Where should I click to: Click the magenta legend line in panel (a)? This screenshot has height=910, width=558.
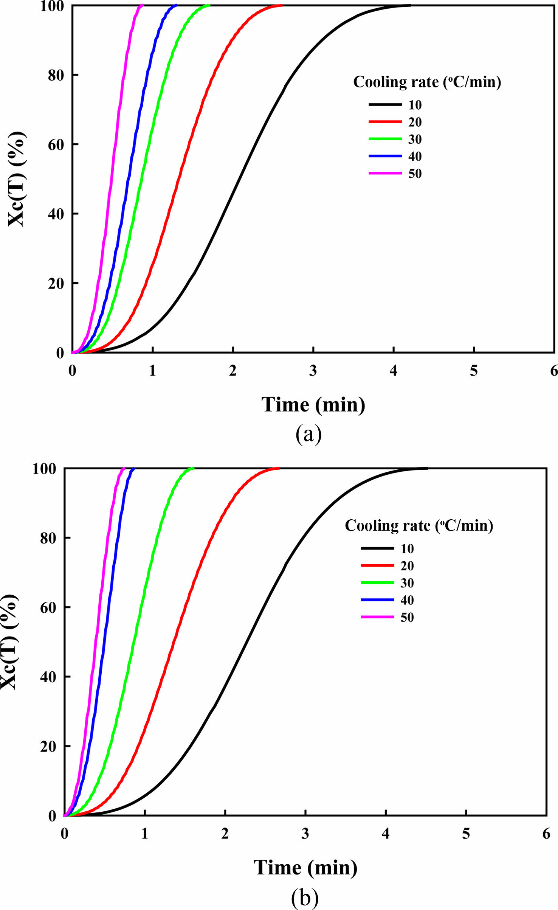(x=385, y=173)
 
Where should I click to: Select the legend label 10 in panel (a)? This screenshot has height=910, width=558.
(x=415, y=105)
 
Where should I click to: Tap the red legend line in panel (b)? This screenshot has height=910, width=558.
(x=377, y=565)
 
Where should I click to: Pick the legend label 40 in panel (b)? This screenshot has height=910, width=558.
(x=407, y=600)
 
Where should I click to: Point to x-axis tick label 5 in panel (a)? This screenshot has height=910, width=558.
(x=474, y=371)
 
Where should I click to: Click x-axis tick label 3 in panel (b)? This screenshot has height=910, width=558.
(x=305, y=833)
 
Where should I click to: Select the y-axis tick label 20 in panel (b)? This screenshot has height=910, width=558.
(x=48, y=746)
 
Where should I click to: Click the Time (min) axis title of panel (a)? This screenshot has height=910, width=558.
(x=313, y=405)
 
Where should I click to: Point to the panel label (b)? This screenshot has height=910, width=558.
(x=305, y=897)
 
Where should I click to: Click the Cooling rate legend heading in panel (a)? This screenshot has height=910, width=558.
(x=427, y=82)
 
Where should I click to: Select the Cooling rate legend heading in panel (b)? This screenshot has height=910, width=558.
(x=419, y=526)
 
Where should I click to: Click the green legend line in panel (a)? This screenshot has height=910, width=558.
(x=385, y=139)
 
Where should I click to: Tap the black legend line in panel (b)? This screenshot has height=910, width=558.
(x=377, y=548)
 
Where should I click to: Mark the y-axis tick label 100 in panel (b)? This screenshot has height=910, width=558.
(x=44, y=469)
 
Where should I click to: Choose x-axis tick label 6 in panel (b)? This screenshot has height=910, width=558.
(x=546, y=833)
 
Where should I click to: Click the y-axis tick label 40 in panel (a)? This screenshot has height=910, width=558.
(x=56, y=214)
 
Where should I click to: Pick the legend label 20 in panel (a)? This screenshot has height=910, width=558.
(x=415, y=122)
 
